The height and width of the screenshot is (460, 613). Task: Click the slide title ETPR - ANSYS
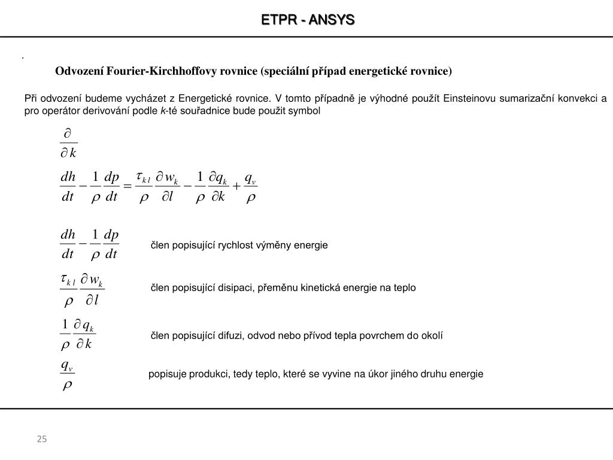click(x=308, y=20)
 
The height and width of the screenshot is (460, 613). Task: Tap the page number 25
click(x=41, y=440)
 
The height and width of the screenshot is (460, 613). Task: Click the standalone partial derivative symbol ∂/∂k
click(x=68, y=143)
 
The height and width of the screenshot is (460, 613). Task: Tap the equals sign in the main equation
click(x=127, y=187)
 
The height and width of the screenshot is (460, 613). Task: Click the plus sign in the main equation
click(x=236, y=187)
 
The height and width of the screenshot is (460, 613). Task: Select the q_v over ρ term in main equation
click(x=251, y=187)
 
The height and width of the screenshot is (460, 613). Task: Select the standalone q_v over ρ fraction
click(x=67, y=375)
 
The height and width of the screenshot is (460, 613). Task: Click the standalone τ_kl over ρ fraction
click(x=68, y=289)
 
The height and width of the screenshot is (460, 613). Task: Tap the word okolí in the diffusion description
click(x=431, y=336)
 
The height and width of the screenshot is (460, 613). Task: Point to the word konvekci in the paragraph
click(x=573, y=99)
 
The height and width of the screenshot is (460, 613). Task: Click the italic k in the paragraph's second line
click(x=162, y=111)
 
